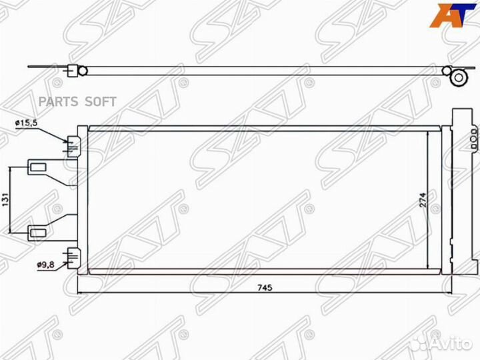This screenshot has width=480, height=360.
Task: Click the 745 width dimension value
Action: (x=265, y=288)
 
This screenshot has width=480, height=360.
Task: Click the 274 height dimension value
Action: (x=423, y=200)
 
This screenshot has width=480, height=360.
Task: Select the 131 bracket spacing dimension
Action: (x=6, y=200)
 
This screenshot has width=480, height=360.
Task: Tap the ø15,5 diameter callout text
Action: (x=26, y=123)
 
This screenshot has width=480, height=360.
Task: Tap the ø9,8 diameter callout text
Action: (x=46, y=265)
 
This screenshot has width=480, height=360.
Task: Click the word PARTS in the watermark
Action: (x=59, y=101)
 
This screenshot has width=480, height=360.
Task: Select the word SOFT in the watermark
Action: (x=101, y=101)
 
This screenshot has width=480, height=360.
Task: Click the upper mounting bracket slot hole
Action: (x=37, y=167)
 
